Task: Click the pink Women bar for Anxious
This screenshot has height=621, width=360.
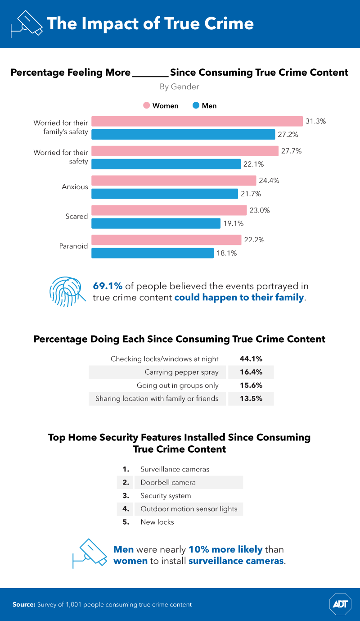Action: tap(174, 181)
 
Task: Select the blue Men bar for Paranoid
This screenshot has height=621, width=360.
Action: tap(153, 253)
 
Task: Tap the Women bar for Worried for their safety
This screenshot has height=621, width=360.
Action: tap(185, 151)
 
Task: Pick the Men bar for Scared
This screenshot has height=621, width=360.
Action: tap(156, 223)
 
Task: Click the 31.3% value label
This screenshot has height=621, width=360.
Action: tap(315, 121)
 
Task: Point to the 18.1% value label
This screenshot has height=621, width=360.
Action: tap(226, 253)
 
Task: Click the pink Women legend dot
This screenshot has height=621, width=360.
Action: tap(146, 106)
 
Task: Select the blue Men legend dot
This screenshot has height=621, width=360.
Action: tap(196, 106)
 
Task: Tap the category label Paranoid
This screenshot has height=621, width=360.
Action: tap(73, 246)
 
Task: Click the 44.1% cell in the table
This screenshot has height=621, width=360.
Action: tap(251, 359)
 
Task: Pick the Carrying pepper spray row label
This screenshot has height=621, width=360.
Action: tap(181, 372)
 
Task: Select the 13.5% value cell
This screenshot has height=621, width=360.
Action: tap(251, 399)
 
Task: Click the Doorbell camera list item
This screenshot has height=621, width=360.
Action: tap(168, 482)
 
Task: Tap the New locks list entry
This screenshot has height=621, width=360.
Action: tap(157, 522)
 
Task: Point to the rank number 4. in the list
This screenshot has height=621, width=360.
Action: tap(126, 509)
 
